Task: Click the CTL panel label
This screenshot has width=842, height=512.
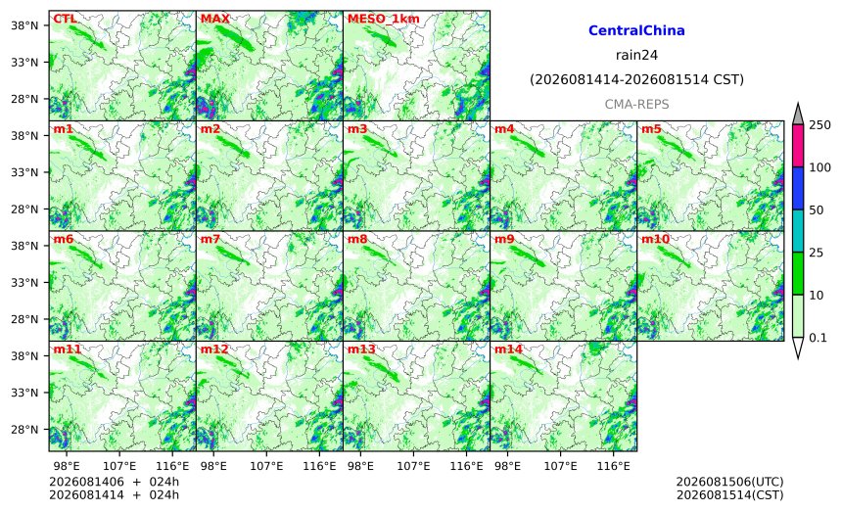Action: [x=65, y=19]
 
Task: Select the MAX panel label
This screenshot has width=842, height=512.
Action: [x=214, y=19]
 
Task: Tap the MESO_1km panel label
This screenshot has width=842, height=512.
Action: [x=384, y=19]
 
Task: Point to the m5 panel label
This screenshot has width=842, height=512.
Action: [x=651, y=129]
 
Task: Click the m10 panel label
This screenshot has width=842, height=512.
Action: [x=655, y=239]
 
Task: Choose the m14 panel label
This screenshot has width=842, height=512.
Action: [x=508, y=349]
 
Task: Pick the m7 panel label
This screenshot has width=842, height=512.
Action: [x=210, y=239]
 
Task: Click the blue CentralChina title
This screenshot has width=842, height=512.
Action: [x=636, y=30]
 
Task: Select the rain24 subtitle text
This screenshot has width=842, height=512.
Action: [x=636, y=55]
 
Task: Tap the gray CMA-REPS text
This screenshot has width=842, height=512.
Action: [x=636, y=104]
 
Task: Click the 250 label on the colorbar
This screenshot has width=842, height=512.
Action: [x=819, y=125]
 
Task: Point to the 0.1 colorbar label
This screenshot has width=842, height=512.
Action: [x=818, y=338]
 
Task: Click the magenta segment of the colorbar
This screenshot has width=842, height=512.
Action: [x=798, y=146]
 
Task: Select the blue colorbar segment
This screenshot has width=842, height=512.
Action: [x=798, y=188]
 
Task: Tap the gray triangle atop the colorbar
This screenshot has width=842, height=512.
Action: [x=798, y=115]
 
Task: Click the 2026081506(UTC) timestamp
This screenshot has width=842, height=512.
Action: [x=729, y=482]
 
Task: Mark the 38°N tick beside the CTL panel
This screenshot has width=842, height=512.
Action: [x=24, y=25]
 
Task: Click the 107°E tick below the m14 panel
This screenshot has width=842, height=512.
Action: [x=561, y=466]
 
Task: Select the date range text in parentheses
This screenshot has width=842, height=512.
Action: [x=636, y=79]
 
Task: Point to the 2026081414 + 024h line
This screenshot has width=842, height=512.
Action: [x=114, y=494]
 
